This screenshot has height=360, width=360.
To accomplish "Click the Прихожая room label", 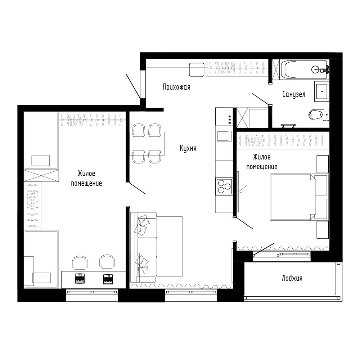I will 176,87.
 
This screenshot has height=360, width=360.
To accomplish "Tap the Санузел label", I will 294,94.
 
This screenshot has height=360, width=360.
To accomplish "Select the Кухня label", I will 188,148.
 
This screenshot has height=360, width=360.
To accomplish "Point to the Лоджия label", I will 292,278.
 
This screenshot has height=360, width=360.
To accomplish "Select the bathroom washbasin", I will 321,91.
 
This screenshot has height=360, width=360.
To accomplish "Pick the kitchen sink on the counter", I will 224,136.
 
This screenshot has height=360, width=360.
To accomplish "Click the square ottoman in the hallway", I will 197,69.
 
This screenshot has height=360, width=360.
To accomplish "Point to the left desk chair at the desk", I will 80,262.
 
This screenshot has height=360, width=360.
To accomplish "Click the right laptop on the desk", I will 108,278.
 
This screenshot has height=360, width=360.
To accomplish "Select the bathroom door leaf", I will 261,99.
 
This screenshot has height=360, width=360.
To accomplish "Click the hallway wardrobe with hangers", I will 238,68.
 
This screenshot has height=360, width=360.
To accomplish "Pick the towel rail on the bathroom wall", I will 289,125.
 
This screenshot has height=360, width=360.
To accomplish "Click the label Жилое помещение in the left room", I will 86,178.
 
